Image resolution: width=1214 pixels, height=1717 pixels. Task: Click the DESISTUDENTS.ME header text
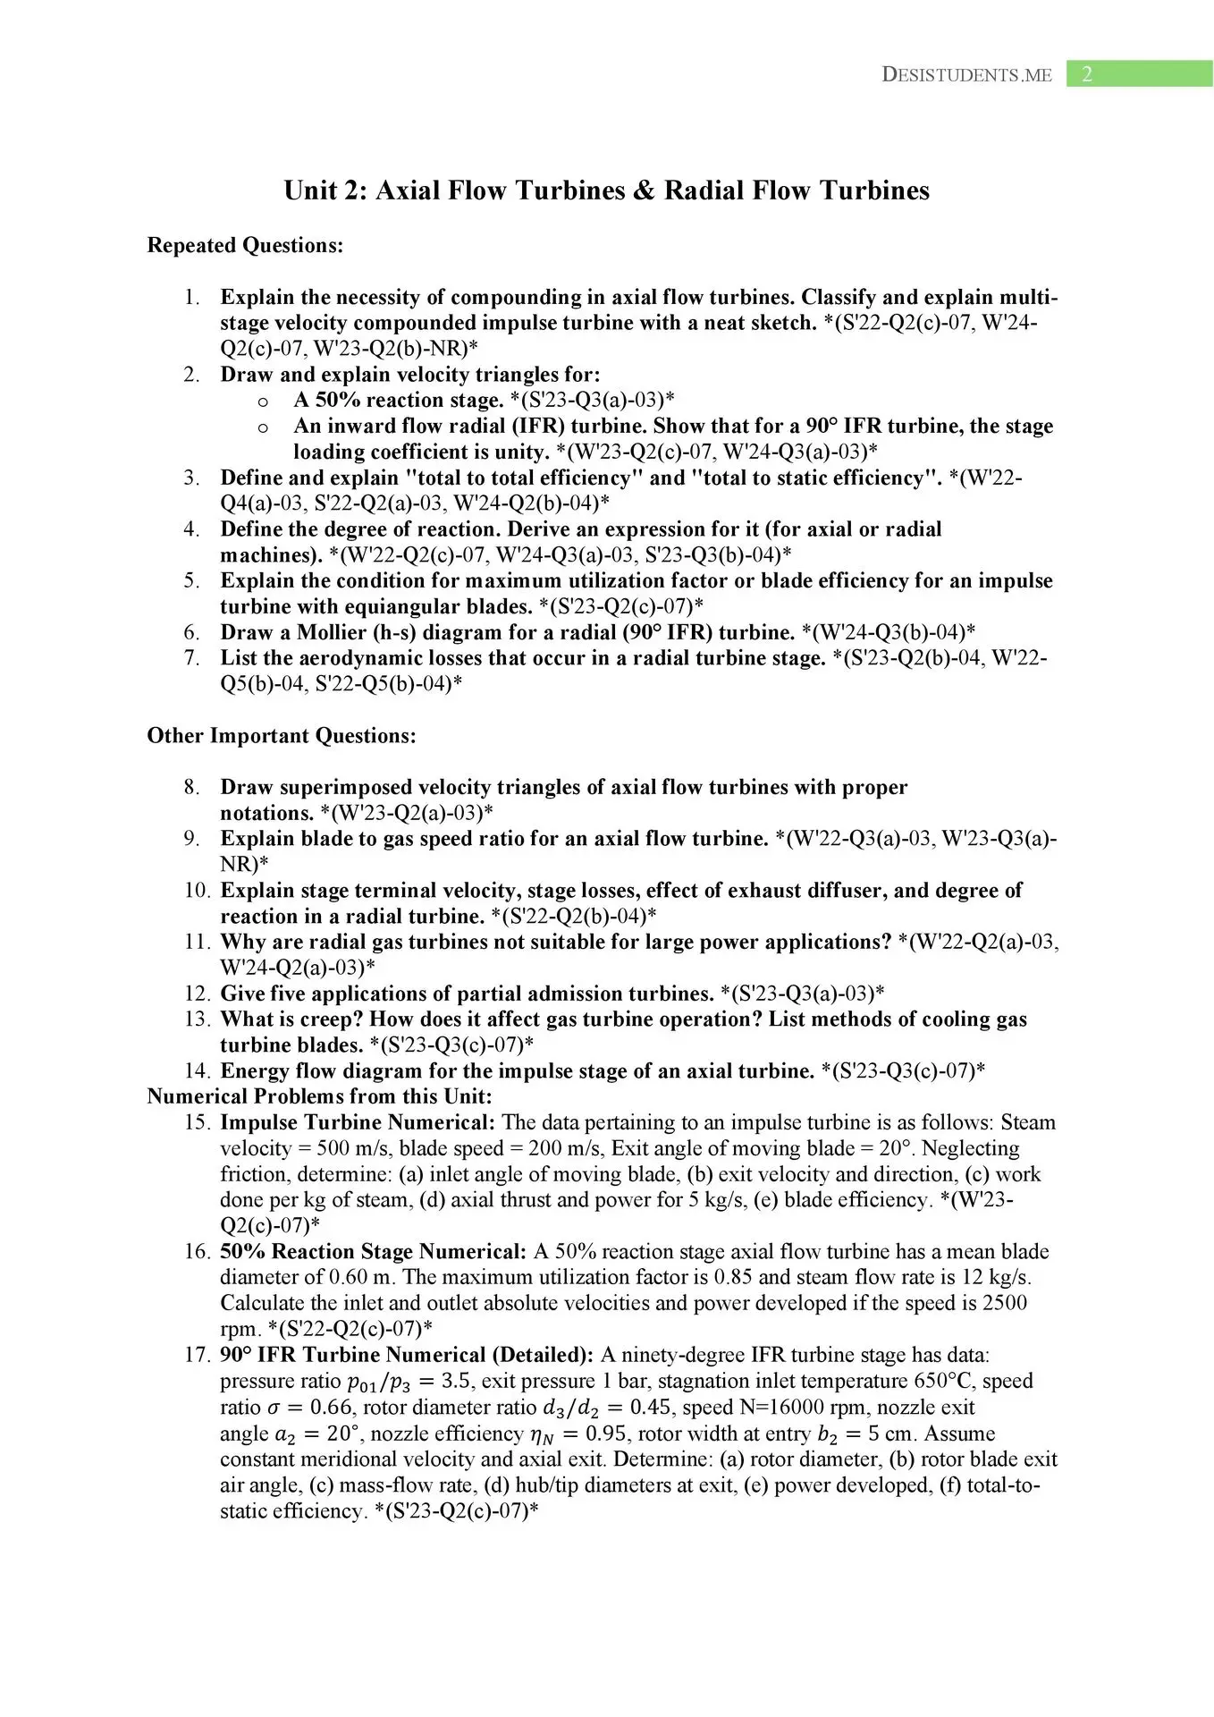pos(966,75)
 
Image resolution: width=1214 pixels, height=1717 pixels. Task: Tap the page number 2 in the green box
pos(1087,75)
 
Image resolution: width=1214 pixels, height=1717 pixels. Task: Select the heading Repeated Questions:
pos(245,246)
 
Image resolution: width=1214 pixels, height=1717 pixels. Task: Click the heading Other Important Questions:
pos(282,736)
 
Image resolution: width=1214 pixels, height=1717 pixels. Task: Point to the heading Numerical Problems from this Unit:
pos(319,1096)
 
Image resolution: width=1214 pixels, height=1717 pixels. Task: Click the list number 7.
pos(191,658)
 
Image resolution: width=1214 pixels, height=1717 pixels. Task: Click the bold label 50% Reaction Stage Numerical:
pos(373,1251)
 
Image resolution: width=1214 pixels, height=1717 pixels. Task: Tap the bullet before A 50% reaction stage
pos(263,402)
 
